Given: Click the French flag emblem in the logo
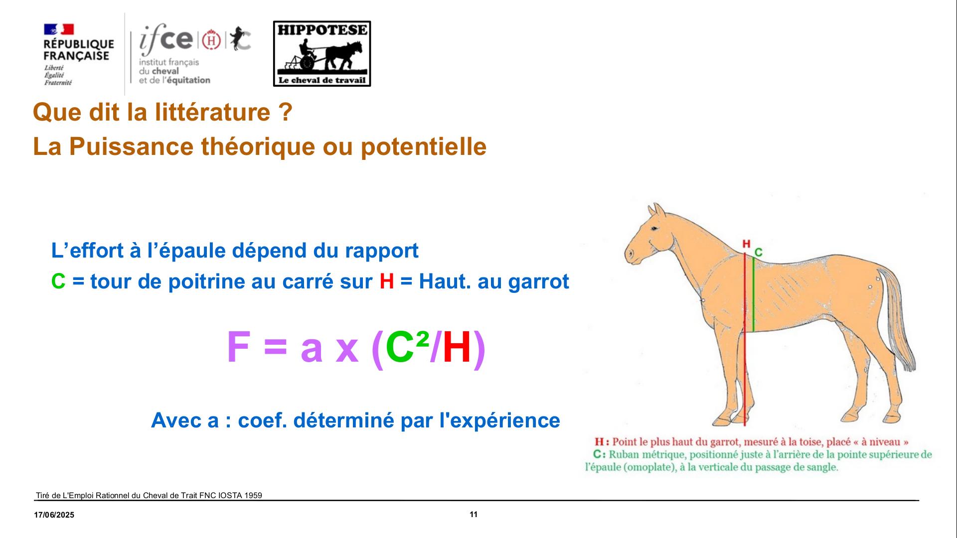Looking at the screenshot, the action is (x=59, y=29).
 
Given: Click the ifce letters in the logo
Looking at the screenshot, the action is (x=166, y=39).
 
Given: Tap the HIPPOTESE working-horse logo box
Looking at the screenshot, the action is (x=322, y=54).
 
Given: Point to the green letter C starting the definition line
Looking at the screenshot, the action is (x=58, y=281).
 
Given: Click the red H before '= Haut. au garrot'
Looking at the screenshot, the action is (x=387, y=281).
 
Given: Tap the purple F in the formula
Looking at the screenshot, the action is (x=238, y=347).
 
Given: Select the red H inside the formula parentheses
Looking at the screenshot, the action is (x=457, y=347).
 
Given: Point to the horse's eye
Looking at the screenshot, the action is (x=654, y=228).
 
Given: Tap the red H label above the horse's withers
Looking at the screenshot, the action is (x=746, y=244).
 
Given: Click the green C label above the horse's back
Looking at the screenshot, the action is (x=758, y=253).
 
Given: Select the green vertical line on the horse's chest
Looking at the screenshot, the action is (x=753, y=294).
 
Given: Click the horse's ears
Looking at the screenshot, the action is (x=657, y=210).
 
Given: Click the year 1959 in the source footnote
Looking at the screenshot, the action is (x=253, y=495).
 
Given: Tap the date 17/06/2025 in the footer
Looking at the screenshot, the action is (x=54, y=515).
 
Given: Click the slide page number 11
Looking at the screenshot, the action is (x=474, y=515).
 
